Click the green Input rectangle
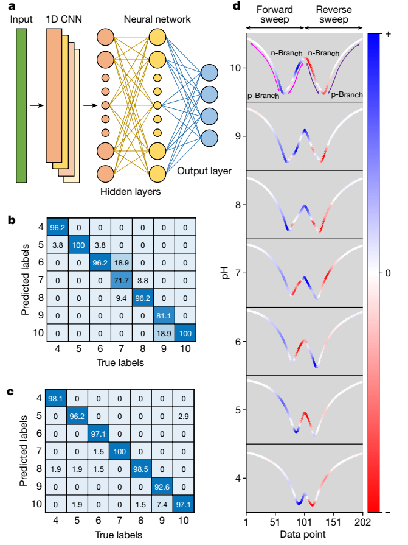point(22,106)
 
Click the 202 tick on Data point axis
point(362,523)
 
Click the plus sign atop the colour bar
point(388,35)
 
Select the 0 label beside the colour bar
point(389,273)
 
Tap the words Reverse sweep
point(333,16)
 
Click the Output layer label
point(204,171)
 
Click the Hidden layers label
point(129,192)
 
